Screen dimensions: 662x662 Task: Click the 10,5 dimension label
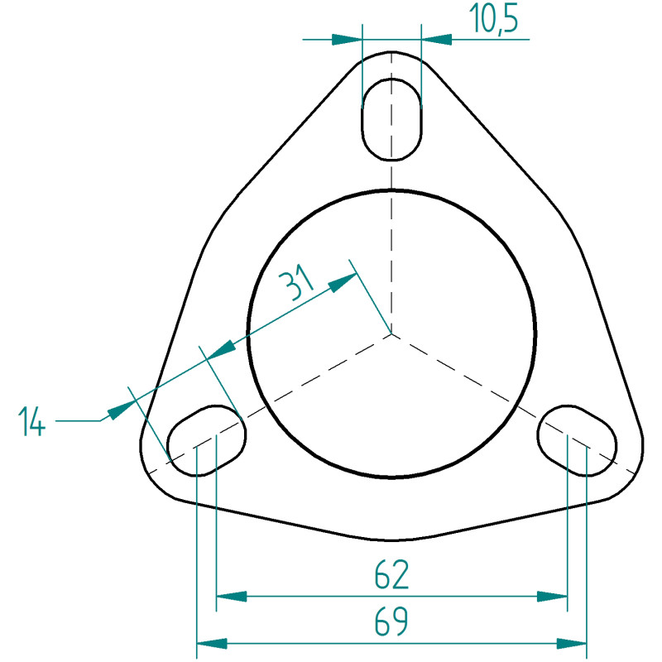[x=493, y=19]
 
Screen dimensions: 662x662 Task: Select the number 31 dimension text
[x=299, y=281]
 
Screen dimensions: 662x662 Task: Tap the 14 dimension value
[x=31, y=421]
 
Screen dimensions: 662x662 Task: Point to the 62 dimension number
[x=391, y=574]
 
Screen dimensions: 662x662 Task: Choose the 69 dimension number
[x=391, y=621]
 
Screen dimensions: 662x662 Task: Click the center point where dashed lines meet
[x=391, y=333]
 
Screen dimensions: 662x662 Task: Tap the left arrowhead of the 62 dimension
[x=232, y=597]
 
